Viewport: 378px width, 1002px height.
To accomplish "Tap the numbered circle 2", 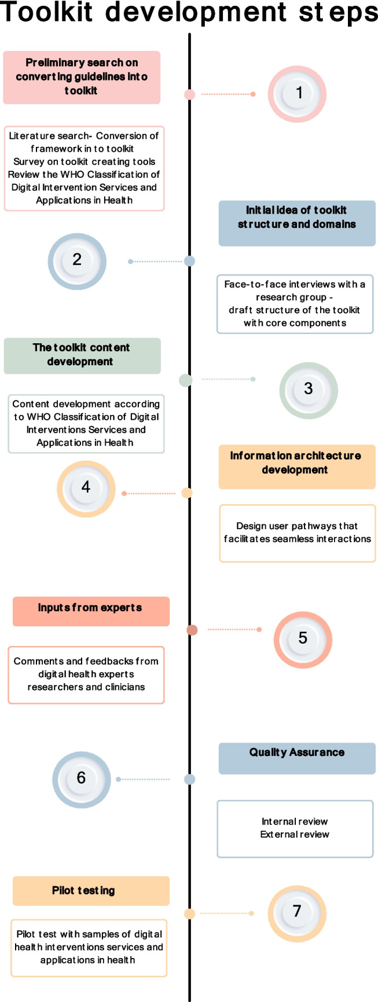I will (x=77, y=260).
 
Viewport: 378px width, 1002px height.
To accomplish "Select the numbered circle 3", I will (x=308, y=390).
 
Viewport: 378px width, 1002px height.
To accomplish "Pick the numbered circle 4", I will (x=86, y=489).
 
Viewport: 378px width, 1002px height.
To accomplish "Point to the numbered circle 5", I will (x=302, y=639).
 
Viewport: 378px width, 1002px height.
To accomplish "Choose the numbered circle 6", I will (x=81, y=779).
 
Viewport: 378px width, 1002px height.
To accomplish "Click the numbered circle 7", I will (x=297, y=912).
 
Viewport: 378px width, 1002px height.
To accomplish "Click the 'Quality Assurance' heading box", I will (x=297, y=758).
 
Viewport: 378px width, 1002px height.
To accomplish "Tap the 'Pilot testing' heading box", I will (x=91, y=890).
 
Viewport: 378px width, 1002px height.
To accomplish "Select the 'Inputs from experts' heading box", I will (x=91, y=611).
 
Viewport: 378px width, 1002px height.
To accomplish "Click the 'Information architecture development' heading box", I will (x=297, y=466).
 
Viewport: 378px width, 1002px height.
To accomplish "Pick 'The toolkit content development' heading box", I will (x=82, y=355).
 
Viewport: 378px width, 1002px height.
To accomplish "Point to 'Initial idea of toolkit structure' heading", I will (x=297, y=223).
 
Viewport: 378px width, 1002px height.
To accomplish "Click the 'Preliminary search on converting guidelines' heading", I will (x=82, y=77).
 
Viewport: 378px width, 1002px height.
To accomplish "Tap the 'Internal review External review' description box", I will (x=295, y=828).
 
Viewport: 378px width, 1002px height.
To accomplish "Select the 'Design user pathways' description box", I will (x=297, y=533).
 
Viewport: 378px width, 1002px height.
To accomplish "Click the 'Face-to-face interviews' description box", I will (x=295, y=304).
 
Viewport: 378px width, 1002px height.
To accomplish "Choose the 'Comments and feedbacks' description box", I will (x=86, y=674).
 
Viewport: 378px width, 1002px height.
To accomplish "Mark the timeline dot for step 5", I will (x=193, y=630).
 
